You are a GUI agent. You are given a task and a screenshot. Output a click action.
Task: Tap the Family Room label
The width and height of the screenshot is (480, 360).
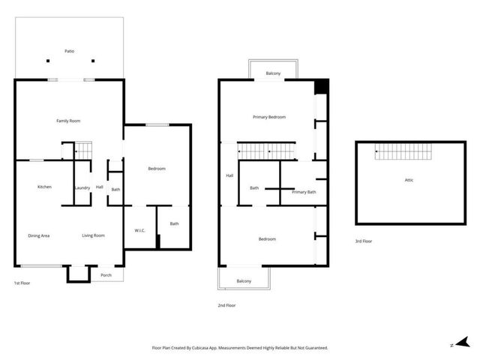tap(68, 121)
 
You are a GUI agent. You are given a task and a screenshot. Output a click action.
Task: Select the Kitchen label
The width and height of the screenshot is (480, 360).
tap(45, 187)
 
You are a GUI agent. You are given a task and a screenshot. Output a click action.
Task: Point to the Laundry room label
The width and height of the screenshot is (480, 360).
tap(82, 188)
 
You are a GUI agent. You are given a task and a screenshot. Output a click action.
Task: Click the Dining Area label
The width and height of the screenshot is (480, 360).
tap(39, 236)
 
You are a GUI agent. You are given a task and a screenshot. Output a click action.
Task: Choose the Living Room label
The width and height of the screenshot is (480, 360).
tap(93, 236)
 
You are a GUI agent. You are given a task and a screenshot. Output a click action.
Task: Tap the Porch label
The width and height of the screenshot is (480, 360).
tap(106, 275)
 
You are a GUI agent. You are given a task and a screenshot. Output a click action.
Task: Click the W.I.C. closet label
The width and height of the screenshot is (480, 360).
tap(139, 230)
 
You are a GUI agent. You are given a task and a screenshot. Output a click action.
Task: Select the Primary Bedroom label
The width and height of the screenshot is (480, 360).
tap(268, 117)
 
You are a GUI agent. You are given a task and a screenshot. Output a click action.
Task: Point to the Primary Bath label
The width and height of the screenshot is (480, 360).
tap(304, 193)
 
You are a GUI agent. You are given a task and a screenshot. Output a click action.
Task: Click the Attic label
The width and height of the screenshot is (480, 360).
tap(409, 180)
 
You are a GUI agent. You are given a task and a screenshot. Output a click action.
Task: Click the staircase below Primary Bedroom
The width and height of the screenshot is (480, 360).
tap(267, 151)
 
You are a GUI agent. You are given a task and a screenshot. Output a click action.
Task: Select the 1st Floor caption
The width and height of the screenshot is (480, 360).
tap(22, 283)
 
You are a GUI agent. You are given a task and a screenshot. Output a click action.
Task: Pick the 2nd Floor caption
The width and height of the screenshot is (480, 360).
tap(226, 305)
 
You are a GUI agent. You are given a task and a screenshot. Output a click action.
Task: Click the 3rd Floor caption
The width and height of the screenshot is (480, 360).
tap(364, 241)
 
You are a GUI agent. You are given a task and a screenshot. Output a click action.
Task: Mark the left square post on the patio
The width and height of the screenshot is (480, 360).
tap(47, 61)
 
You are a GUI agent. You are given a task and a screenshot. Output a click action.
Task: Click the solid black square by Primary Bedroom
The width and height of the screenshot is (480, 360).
tap(321, 86)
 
